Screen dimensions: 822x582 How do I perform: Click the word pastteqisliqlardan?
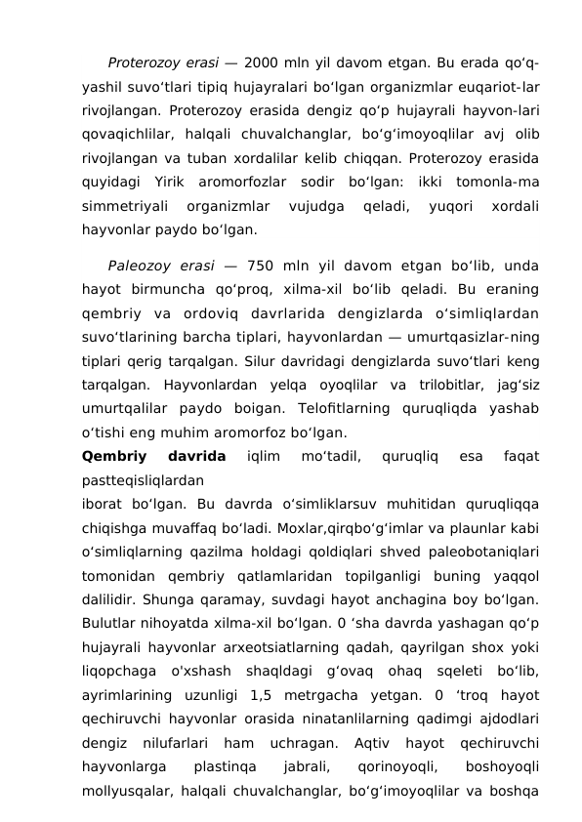[144, 480]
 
